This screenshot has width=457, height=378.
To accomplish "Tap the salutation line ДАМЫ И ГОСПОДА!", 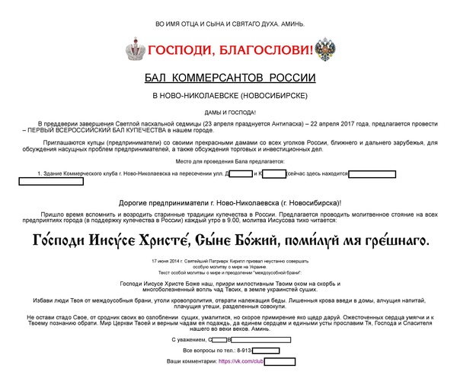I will (230, 113).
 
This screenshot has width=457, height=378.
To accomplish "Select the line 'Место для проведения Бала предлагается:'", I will (229, 161).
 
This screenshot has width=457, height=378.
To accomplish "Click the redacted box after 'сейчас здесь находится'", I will (372, 174).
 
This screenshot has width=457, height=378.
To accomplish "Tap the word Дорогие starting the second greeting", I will (137, 202).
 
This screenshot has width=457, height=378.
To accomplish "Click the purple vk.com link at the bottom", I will (240, 361).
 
